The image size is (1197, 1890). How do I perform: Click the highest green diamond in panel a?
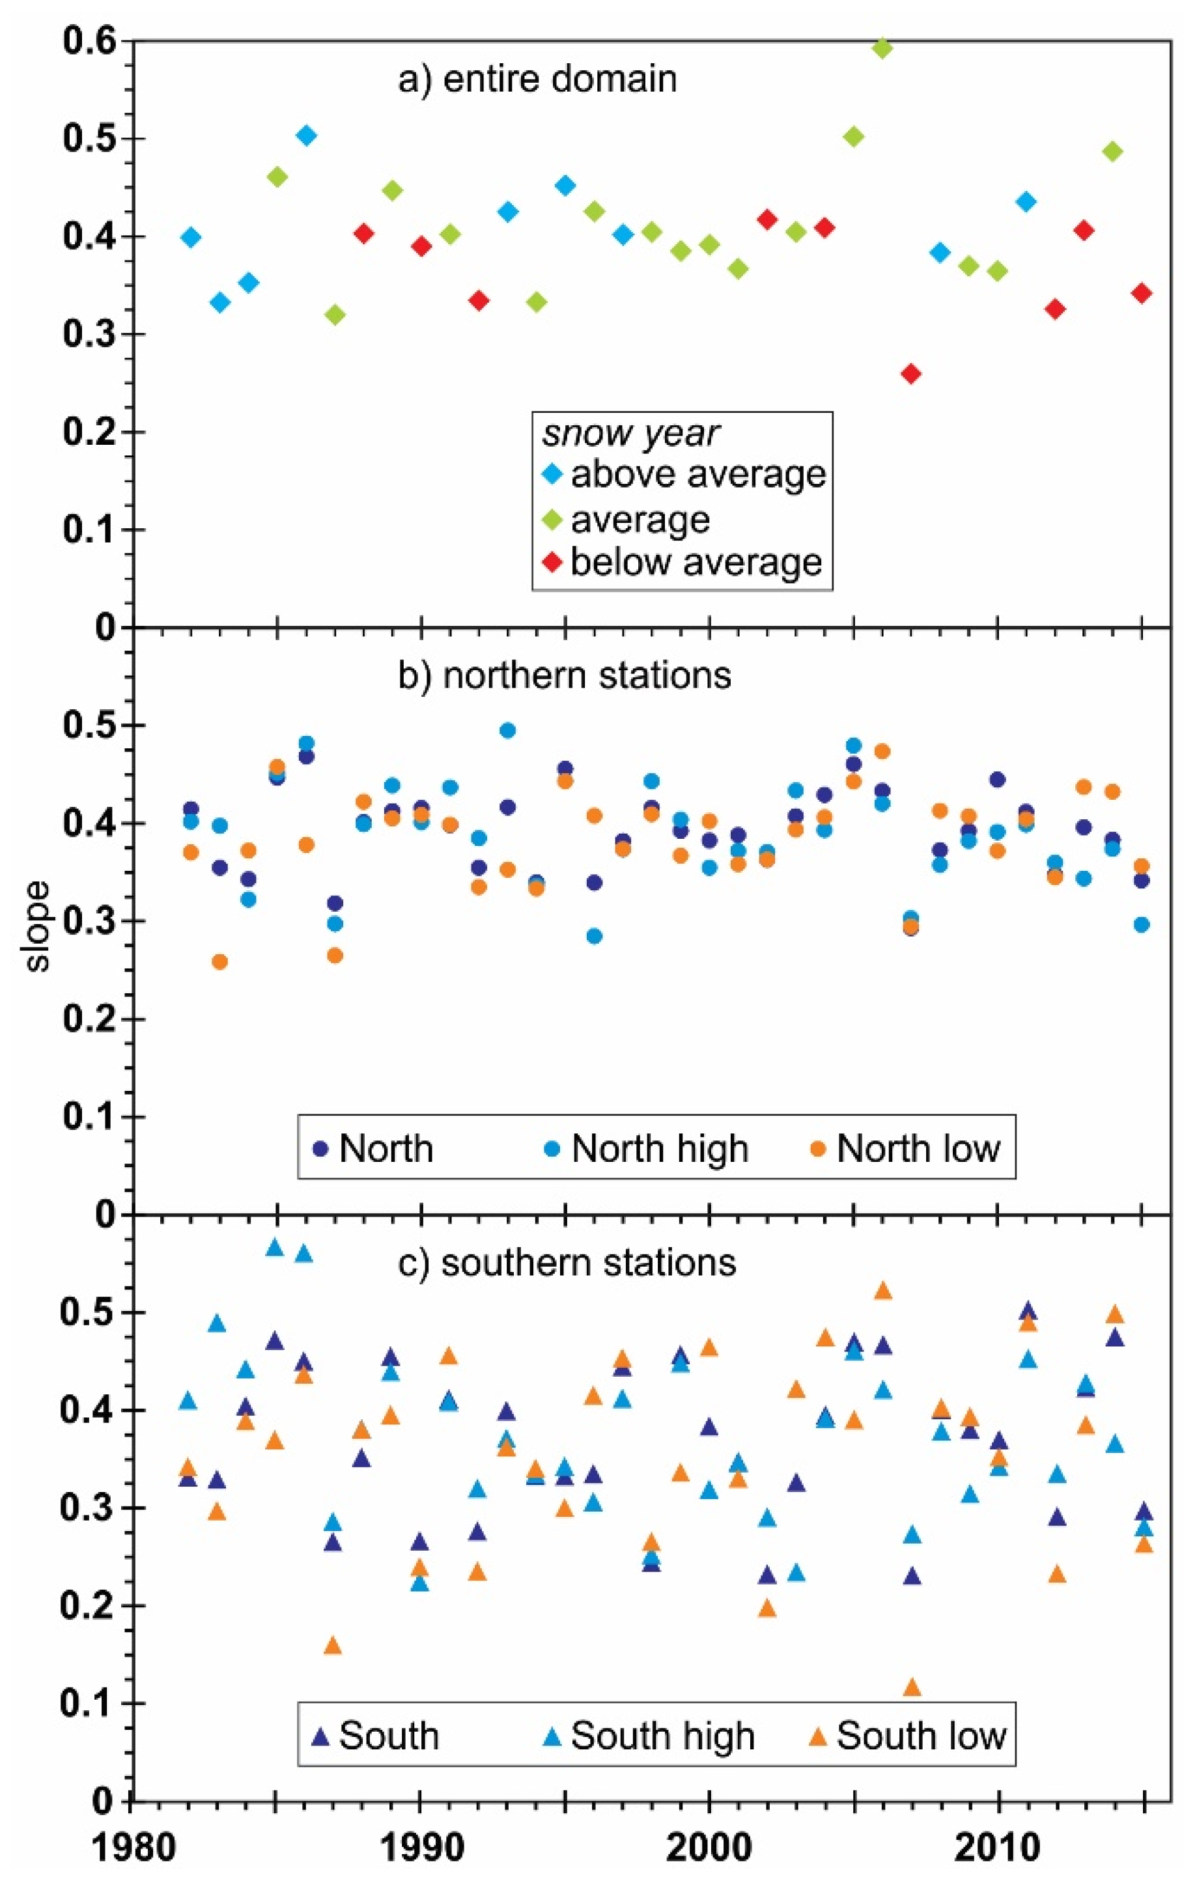pos(882,49)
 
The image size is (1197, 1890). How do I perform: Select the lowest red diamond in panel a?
pos(911,374)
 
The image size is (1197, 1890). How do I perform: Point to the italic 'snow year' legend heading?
pos(630,432)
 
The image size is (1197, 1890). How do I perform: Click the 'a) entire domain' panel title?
pos(538,79)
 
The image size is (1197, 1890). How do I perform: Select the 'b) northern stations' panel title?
pos(565,675)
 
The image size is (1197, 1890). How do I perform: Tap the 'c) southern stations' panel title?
pos(567,1263)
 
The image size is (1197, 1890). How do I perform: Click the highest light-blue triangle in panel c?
pos(275,1247)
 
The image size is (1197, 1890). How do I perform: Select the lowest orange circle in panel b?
pos(219,961)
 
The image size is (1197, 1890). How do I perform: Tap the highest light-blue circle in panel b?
pos(508,731)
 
